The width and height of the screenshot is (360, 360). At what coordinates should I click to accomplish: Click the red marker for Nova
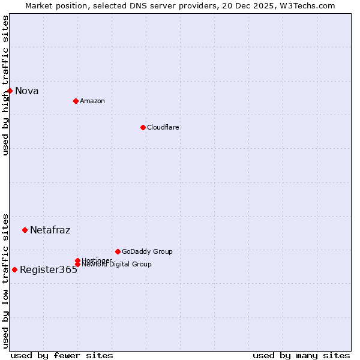click(x=10, y=91)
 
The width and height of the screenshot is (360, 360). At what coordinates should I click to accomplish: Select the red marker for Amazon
click(x=76, y=101)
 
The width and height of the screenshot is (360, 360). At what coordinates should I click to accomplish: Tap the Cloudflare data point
click(x=143, y=127)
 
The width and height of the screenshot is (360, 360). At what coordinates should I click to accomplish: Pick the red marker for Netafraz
click(x=25, y=230)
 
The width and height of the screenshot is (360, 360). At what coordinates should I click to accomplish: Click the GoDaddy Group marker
click(x=118, y=251)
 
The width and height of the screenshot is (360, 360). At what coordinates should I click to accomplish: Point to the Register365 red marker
click(x=14, y=269)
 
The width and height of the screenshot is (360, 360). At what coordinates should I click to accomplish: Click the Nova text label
click(x=27, y=91)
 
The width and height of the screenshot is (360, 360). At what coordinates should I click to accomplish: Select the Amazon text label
click(x=92, y=101)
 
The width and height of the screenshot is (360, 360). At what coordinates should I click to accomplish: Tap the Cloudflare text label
click(x=163, y=127)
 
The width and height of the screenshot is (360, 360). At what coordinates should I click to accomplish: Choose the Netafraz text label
click(x=50, y=230)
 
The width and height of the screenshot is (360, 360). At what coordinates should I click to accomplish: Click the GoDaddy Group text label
click(x=147, y=251)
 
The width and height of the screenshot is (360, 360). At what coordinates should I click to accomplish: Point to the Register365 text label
click(x=49, y=270)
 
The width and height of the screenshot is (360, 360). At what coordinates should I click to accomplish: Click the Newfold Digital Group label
click(x=117, y=265)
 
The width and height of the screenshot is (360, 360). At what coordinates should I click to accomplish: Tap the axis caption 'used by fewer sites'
click(x=62, y=355)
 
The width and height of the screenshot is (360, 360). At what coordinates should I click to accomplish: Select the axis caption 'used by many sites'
click(x=301, y=355)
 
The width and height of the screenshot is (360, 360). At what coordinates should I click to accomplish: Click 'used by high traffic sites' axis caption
click(x=6, y=85)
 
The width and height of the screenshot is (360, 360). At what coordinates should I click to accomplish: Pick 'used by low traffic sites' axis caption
click(x=6, y=280)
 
